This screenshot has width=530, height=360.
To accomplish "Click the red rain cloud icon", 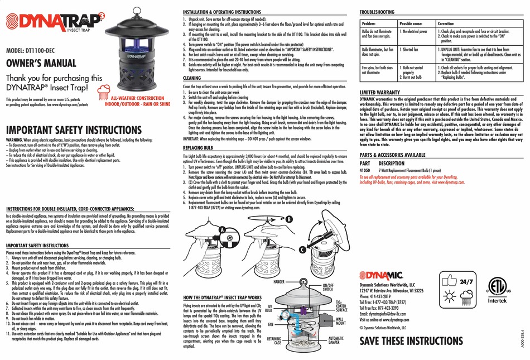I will point(104,91).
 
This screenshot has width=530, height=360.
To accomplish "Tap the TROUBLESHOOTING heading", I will point(377,12).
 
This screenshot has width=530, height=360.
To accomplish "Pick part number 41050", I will point(365,169).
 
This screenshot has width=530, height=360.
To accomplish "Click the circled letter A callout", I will point(223,229).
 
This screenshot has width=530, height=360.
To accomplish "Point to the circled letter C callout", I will point(301,249).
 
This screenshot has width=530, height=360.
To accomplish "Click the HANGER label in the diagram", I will point(279,282).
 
